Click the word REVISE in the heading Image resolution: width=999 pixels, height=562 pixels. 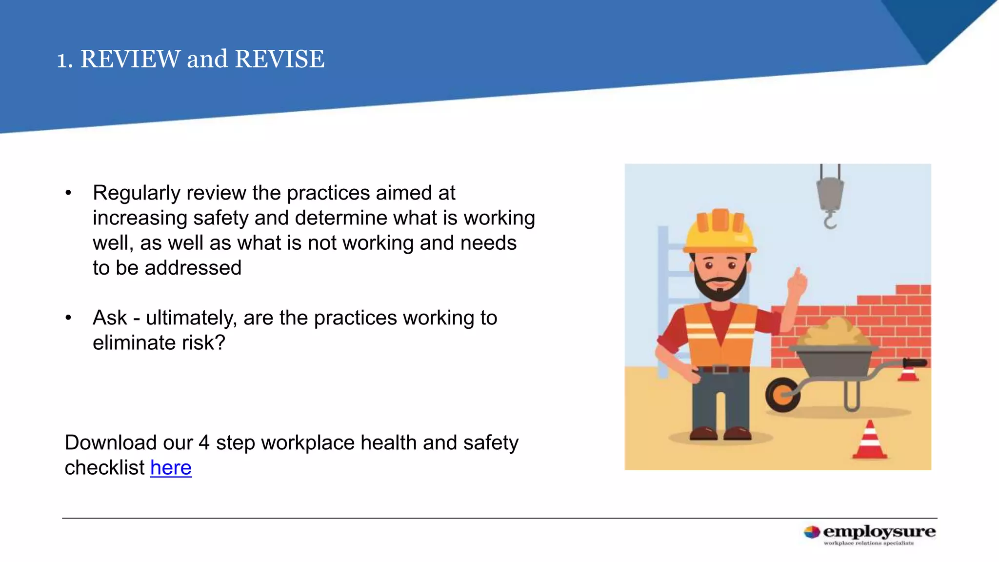(x=280, y=59)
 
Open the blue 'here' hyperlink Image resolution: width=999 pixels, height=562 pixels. (x=171, y=467)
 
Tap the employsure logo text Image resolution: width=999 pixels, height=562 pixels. (x=879, y=532)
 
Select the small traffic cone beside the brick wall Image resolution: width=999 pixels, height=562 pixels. (x=908, y=373)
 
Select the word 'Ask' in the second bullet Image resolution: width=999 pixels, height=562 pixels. (x=110, y=318)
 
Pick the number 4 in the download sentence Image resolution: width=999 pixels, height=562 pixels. (x=204, y=442)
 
